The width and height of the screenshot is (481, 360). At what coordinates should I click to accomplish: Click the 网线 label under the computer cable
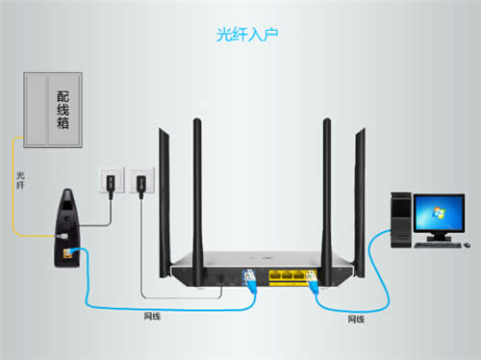pos(356,318)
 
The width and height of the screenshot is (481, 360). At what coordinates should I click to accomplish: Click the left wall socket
pos(109,180)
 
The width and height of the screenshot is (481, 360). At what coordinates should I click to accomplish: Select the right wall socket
pos(140,180)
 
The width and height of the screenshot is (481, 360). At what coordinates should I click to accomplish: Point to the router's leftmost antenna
pos(196,193)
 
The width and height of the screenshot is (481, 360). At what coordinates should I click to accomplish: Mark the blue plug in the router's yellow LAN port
pos(314,282)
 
